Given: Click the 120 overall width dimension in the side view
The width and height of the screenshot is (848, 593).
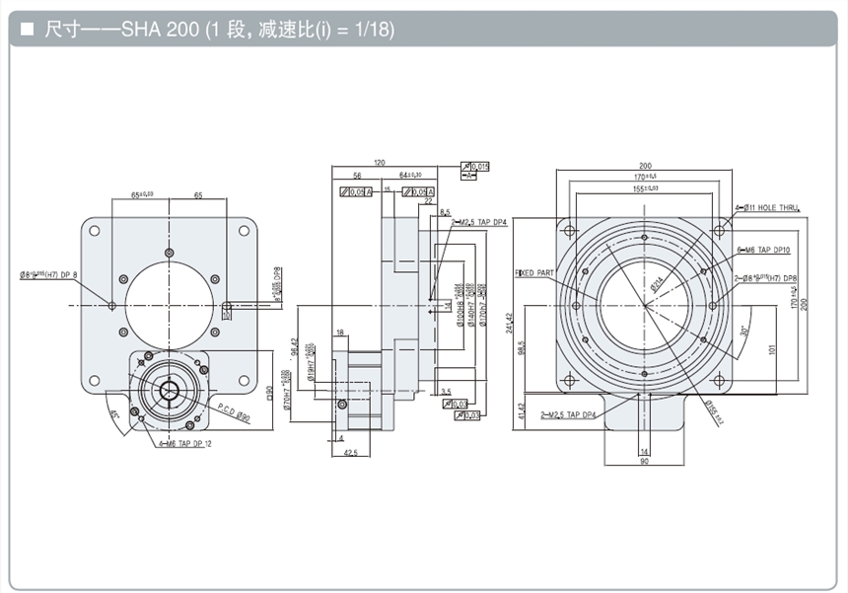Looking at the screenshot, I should [x=379, y=162].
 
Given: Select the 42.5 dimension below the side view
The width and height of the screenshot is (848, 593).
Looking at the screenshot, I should [x=350, y=455].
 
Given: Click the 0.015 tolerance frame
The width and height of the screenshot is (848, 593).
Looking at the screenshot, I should [x=479, y=166].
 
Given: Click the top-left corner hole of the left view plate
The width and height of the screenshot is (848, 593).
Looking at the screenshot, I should [x=95, y=231].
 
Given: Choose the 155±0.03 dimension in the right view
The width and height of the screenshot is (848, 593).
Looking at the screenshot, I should [x=647, y=187].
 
